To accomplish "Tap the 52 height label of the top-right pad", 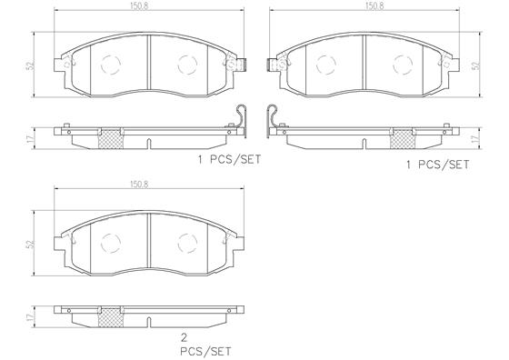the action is pos(476,65).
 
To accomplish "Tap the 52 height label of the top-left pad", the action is pos(31,65).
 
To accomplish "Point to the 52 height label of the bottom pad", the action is pos(31,244).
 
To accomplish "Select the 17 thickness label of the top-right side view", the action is pos(476,139).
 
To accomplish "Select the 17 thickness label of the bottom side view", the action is pos(31,317).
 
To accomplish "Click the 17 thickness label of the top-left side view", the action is pos(31,139).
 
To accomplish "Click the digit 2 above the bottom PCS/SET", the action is pos(184,338).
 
